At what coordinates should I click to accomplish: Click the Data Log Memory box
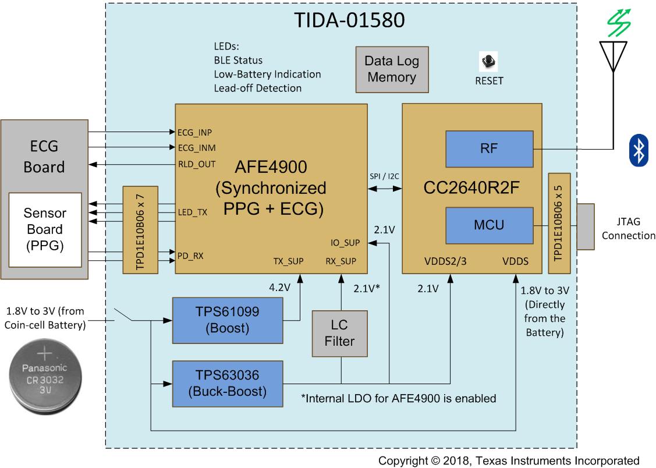392,69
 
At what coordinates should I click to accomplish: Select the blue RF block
489,148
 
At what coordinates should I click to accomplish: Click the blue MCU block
489,225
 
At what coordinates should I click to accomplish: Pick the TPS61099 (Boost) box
228,320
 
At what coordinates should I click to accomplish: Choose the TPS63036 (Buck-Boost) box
227,384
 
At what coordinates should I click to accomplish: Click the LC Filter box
340,333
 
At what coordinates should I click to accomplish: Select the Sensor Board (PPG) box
44,230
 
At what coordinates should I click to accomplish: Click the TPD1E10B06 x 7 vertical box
140,230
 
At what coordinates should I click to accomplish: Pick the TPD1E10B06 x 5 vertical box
559,223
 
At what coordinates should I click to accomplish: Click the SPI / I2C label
385,176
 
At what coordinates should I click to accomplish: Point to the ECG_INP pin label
194,132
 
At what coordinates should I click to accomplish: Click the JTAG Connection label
628,229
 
